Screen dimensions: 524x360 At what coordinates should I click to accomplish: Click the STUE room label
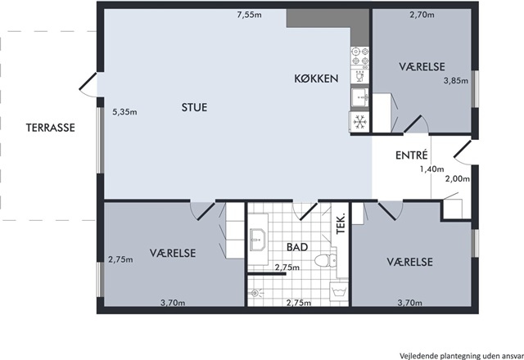194,107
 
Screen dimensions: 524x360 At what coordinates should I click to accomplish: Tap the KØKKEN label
316,79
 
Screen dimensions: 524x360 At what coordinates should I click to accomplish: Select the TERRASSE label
51,128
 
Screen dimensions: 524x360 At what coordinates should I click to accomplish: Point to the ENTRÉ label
411,155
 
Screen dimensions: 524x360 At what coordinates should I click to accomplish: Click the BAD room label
297,247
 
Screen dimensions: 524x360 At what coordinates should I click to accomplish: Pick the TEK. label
341,223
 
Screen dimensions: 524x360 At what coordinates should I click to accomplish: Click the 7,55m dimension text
249,15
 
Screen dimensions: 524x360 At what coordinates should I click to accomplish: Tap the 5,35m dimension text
124,112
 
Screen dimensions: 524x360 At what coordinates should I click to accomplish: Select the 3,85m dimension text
456,80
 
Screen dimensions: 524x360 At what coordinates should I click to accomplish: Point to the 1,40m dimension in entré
431,169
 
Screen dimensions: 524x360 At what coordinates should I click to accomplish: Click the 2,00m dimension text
458,178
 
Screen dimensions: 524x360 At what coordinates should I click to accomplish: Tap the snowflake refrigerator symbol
359,122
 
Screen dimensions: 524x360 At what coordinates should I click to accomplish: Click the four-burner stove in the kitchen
360,56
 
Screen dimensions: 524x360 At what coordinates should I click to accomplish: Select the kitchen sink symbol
360,97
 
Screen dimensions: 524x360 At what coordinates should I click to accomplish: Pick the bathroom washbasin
258,239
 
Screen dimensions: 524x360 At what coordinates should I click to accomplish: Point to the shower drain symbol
255,293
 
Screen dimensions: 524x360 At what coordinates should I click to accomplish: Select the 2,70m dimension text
422,15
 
